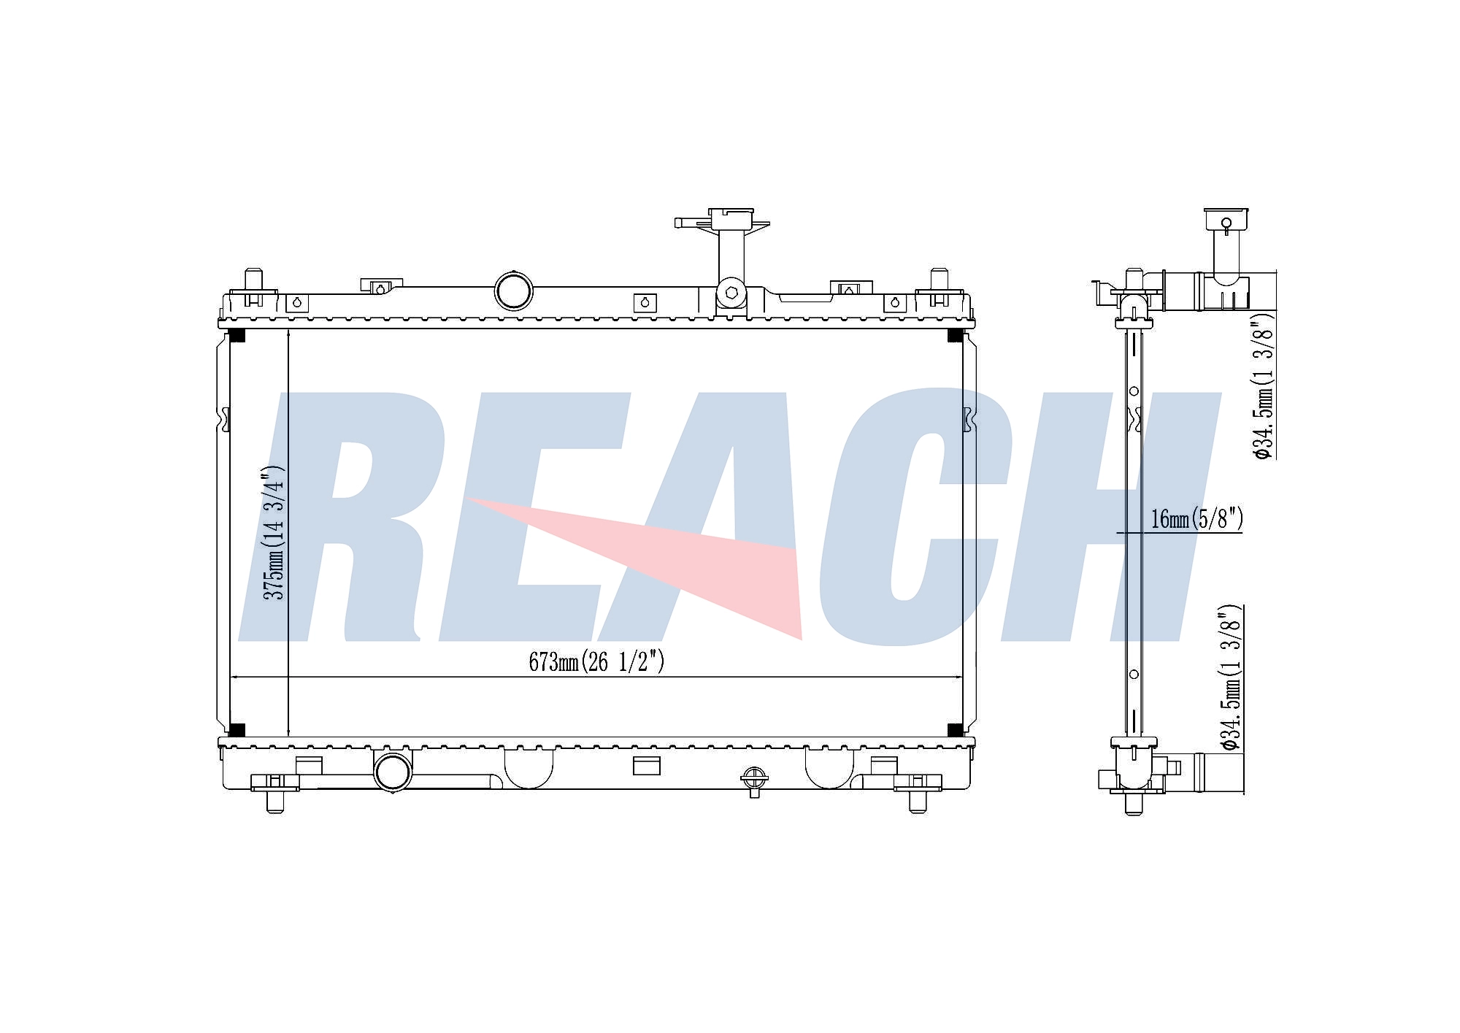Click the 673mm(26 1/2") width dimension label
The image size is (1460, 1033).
point(596,661)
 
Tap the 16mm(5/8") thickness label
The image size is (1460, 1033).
point(1196,519)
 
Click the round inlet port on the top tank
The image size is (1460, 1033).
point(514,290)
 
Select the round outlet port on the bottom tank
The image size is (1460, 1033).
point(393,771)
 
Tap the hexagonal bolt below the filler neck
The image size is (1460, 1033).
point(731,293)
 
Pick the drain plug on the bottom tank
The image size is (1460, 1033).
point(754,780)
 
